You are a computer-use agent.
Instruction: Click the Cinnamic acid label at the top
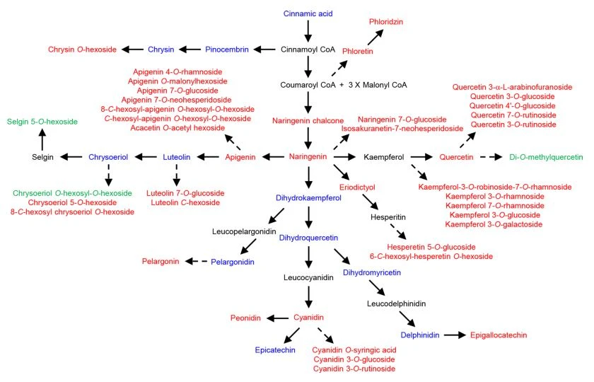click(x=308, y=13)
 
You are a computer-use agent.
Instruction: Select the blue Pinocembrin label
click(x=227, y=50)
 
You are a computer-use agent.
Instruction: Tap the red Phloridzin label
click(x=386, y=22)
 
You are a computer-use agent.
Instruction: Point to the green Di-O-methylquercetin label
click(x=546, y=157)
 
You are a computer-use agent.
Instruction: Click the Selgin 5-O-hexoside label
click(x=42, y=122)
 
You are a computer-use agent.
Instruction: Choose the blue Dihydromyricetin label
click(x=372, y=272)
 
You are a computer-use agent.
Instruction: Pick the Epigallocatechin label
click(x=499, y=335)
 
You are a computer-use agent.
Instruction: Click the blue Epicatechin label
click(x=275, y=350)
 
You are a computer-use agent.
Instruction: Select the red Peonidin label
click(x=245, y=318)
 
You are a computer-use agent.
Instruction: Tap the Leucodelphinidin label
click(x=396, y=303)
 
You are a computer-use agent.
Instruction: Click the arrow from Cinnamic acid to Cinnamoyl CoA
click(x=308, y=31)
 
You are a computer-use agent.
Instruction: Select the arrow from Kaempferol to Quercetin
click(x=421, y=156)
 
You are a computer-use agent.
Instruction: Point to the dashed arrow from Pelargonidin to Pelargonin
click(x=197, y=261)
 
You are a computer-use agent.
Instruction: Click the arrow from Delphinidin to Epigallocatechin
click(x=455, y=335)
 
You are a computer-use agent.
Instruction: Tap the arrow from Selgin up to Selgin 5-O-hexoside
click(x=42, y=139)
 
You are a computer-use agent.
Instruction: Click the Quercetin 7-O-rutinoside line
click(x=513, y=115)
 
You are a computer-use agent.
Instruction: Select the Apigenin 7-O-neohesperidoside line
click(x=177, y=100)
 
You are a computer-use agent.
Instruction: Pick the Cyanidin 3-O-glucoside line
click(x=354, y=359)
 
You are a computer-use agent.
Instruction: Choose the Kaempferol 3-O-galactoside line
click(x=494, y=224)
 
